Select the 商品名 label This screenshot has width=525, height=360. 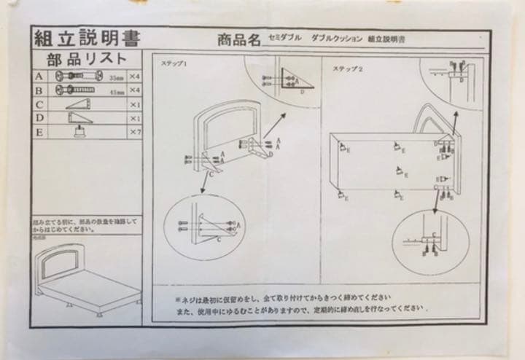238,41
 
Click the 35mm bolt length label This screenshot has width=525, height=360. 115,77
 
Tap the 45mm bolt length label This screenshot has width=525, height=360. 115,91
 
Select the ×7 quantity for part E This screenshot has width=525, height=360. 133,132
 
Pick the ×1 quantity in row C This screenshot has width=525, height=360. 133,104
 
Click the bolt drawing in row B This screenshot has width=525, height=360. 74,90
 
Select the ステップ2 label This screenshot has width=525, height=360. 349,69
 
